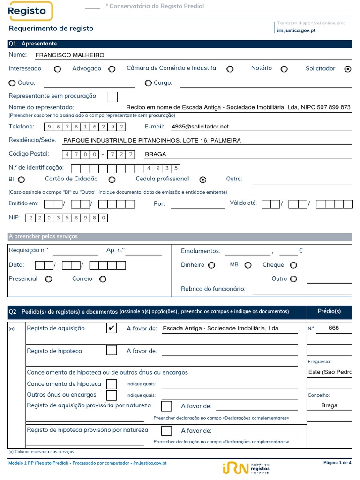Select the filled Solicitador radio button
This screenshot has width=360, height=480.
[x=347, y=69]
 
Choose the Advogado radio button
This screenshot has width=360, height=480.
[x=112, y=69]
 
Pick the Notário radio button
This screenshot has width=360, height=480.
[x=284, y=69]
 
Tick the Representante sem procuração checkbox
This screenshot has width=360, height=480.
[x=112, y=97]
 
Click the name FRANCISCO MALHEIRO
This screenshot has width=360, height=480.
[x=70, y=55]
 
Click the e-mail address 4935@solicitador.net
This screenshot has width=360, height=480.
[x=200, y=127]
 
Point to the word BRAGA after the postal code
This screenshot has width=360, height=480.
[x=156, y=154]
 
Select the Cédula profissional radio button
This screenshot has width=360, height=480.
[x=203, y=180]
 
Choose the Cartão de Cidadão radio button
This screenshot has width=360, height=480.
[x=112, y=180]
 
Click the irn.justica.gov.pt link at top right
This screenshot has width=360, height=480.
[x=296, y=30]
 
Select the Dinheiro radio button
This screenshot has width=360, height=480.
[x=211, y=265]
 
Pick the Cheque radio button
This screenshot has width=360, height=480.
[x=293, y=265]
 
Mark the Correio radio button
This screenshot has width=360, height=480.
[x=103, y=279]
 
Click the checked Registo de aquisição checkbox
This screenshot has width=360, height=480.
[x=112, y=328]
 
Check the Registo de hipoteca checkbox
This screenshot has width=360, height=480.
[x=112, y=350]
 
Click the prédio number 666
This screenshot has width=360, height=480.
[x=334, y=328]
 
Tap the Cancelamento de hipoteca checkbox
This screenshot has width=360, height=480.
[x=112, y=384]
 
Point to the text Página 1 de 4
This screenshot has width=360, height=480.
[x=337, y=463]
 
